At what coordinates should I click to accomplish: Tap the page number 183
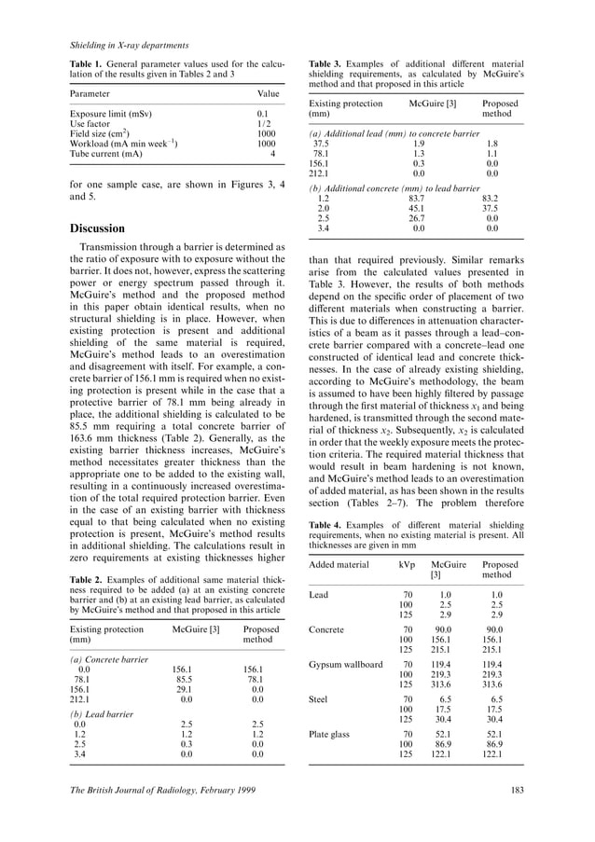518,791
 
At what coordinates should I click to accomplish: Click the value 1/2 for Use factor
264,123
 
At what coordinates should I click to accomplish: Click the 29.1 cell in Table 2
182,688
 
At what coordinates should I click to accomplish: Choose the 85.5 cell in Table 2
182,679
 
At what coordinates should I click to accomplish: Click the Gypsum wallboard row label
345,665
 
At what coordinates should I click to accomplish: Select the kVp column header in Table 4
407,565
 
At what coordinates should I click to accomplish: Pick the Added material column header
341,565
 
